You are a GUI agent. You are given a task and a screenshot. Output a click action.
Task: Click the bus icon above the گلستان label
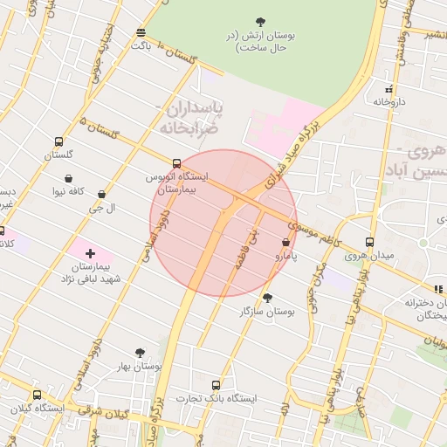(x=58, y=141)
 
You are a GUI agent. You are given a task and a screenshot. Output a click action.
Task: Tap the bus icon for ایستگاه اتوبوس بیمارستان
(x=177, y=163)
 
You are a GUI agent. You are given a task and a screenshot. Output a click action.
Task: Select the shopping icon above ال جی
(x=102, y=195)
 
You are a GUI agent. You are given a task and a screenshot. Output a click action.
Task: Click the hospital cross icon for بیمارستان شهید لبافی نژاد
(x=90, y=253)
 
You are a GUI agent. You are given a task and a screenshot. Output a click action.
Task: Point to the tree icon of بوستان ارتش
(x=260, y=22)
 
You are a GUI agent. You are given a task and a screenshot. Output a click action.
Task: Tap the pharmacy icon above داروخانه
(x=389, y=89)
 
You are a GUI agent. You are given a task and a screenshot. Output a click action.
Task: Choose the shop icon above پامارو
(x=286, y=242)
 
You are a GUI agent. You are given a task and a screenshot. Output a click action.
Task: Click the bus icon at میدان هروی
(x=369, y=242)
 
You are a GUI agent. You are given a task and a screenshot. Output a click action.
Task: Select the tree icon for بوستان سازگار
(x=267, y=298)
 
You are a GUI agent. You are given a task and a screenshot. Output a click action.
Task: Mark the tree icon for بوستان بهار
(x=140, y=353)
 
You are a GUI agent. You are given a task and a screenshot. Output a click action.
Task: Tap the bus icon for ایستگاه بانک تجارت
(x=216, y=385)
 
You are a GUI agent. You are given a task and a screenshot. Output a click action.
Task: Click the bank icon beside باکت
(x=141, y=33)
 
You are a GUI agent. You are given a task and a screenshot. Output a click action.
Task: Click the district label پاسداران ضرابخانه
(x=189, y=118)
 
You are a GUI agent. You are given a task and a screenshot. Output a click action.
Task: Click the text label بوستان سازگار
(x=268, y=312)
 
